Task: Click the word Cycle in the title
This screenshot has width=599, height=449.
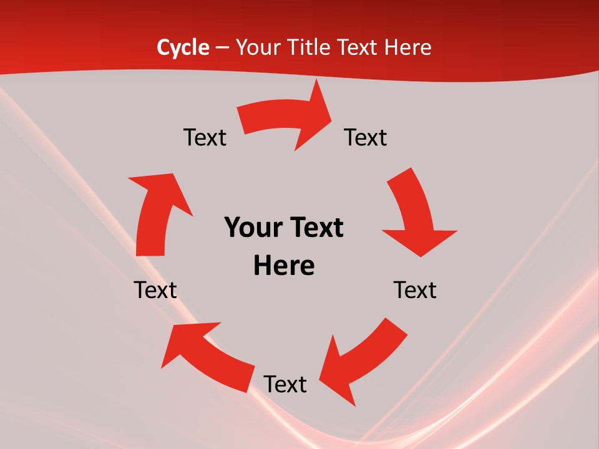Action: (183, 47)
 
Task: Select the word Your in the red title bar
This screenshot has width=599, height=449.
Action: (257, 47)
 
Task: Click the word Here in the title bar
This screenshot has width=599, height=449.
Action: (409, 47)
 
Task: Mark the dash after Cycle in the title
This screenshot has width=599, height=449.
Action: (222, 47)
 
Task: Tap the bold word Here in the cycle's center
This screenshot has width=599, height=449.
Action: (284, 266)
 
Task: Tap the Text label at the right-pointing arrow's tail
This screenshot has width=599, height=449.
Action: (205, 138)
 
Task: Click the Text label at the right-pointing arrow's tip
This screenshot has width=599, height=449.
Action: (366, 138)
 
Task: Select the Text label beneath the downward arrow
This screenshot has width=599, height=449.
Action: (415, 290)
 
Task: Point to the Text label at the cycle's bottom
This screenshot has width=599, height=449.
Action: (285, 384)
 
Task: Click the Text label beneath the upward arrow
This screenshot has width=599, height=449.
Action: (155, 290)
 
